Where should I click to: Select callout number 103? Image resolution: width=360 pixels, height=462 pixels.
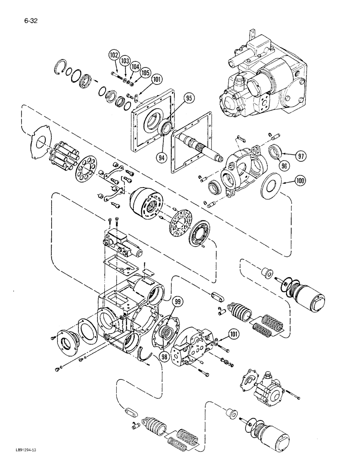click(x=125, y=61)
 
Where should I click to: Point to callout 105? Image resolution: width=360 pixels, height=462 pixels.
click(x=145, y=73)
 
